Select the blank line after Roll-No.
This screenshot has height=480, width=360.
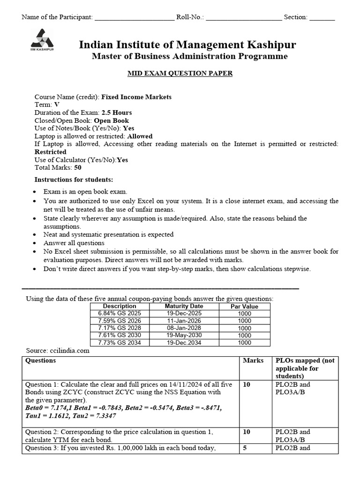244,18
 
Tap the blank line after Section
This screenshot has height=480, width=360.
322,18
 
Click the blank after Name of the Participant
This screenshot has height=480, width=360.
134,18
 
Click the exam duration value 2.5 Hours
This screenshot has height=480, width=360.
117,112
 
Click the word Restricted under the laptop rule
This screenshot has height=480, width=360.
51,152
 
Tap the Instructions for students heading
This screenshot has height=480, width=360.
74,180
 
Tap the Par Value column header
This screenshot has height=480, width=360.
244,306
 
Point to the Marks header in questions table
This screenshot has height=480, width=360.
253,360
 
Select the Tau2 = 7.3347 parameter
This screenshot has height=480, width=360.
95,415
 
